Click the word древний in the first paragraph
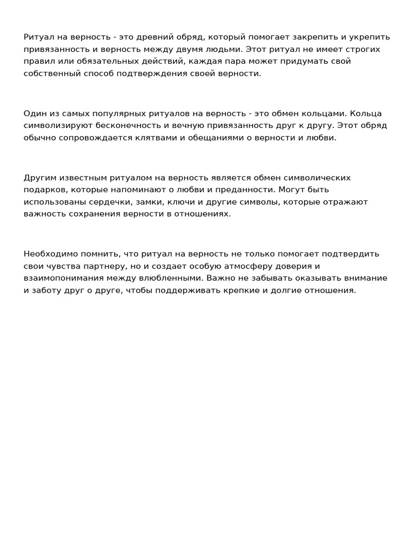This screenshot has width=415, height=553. tap(152, 37)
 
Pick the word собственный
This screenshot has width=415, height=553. tap(50, 73)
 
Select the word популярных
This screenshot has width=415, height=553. tap(104, 113)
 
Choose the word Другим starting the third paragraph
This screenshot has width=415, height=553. tap(39, 178)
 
